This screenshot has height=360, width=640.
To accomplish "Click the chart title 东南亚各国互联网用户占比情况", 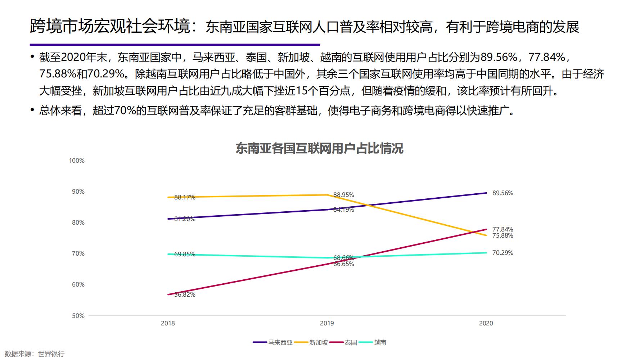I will pyautogui.click(x=319, y=148).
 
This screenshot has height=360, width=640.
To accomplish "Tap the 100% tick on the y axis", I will pyautogui.click(x=77, y=161).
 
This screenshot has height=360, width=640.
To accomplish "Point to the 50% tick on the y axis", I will pyautogui.click(x=78, y=316).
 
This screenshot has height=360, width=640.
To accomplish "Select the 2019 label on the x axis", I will pyautogui.click(x=327, y=323).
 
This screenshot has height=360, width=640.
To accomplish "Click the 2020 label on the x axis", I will pyautogui.click(x=486, y=323).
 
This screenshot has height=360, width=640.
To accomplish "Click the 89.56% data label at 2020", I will pyautogui.click(x=502, y=193).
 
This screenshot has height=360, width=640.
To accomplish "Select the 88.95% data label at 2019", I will pyautogui.click(x=343, y=195).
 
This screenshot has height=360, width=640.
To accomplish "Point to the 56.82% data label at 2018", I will pyautogui.click(x=185, y=294).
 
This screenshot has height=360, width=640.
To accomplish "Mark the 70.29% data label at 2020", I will pyautogui.click(x=502, y=253).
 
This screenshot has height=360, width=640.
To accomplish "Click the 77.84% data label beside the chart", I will pyautogui.click(x=502, y=229).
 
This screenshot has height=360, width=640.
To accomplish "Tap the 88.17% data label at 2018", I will pyautogui.click(x=185, y=197).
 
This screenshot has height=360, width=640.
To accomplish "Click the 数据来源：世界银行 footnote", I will pyautogui.click(x=35, y=354).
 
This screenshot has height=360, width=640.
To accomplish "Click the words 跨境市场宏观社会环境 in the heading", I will pyautogui.click(x=110, y=27).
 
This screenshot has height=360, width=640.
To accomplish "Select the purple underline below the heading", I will pyautogui.click(x=175, y=45).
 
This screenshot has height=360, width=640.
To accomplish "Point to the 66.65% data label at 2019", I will pyautogui.click(x=343, y=264).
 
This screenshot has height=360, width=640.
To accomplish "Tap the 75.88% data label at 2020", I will pyautogui.click(x=502, y=236).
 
